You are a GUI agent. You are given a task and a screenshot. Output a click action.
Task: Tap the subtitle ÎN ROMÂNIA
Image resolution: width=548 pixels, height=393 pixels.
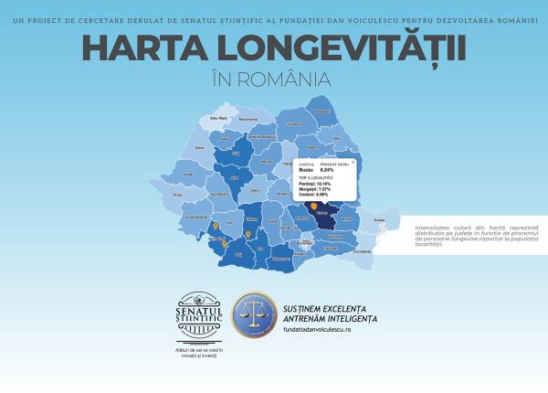tap(273, 79)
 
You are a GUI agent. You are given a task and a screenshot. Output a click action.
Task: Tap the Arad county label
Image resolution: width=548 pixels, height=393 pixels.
tap(189, 173)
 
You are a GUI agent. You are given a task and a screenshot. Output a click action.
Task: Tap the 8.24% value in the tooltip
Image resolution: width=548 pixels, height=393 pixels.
tap(328, 169)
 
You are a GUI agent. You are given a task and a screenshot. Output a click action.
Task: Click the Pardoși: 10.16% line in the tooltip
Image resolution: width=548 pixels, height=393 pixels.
tap(316, 184)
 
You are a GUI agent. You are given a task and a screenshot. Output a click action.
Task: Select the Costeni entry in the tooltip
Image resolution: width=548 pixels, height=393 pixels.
tap(315, 195)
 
